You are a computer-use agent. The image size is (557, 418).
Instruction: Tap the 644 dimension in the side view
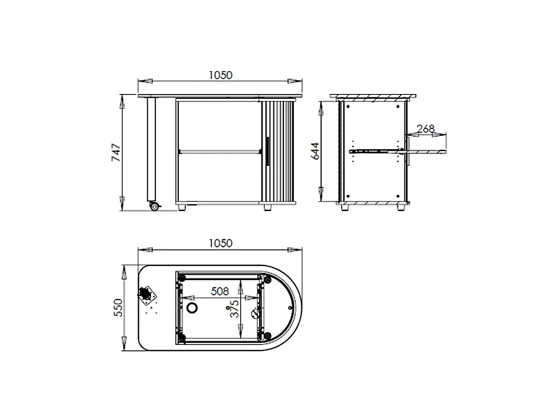pos(315,150)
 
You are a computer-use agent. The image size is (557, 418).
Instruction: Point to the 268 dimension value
pos(425,128)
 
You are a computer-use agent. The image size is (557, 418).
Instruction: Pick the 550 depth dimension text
pos(118,307)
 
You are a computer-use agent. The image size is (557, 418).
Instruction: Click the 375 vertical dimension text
pos(235,309)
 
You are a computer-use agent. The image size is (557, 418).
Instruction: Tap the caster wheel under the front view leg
pos(154,206)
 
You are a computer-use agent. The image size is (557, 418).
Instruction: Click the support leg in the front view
pos(150,149)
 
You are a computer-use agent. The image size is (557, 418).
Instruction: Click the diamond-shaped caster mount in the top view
pos(147,295)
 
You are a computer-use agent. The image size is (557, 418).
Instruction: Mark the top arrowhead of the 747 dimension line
pos(123,99)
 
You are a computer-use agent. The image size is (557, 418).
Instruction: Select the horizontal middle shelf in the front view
pos(218,150)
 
